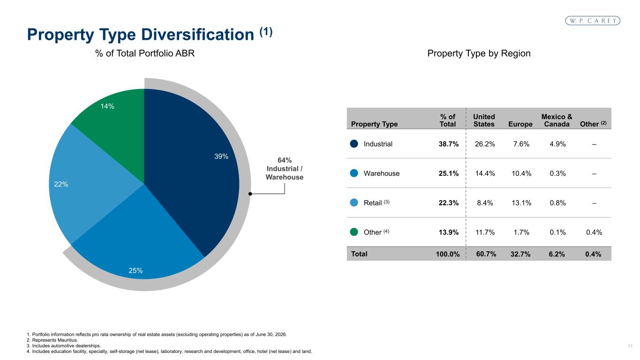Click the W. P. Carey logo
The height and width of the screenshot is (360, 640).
(593, 21)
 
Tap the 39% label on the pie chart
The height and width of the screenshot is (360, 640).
(221, 156)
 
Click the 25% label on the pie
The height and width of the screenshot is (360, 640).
(136, 270)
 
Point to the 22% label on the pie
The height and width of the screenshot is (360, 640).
(61, 184)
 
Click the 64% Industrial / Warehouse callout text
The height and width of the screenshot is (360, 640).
(285, 169)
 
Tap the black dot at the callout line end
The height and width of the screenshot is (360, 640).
(250, 194)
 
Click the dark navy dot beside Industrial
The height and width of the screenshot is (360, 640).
(354, 144)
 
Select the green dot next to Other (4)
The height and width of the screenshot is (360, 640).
(354, 232)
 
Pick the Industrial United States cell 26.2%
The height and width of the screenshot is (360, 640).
(485, 144)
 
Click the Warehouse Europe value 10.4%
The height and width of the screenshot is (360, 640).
(521, 173)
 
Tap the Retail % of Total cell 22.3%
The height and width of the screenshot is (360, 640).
(449, 203)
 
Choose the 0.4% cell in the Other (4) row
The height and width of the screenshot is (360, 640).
(594, 232)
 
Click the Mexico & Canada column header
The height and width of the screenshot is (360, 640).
(557, 120)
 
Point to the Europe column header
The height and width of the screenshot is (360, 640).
(520, 124)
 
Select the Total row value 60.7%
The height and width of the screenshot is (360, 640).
(486, 254)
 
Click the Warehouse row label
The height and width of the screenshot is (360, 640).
(382, 173)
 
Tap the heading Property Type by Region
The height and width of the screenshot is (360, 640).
(479, 53)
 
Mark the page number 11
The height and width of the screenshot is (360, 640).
(630, 346)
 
